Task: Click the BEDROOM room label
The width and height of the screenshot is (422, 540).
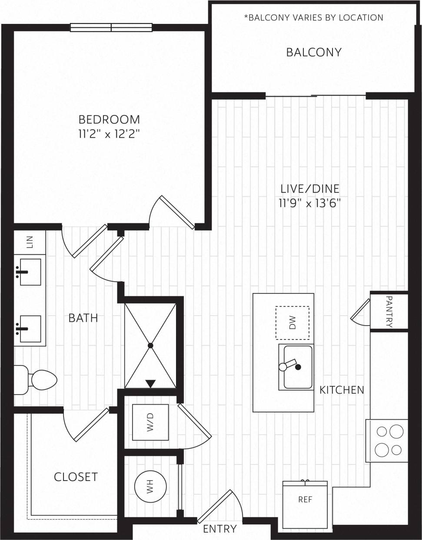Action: (x=109, y=119)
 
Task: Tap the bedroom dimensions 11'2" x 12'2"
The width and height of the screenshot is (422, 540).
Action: (x=109, y=134)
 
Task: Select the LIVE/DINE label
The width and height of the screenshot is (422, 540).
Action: (x=309, y=189)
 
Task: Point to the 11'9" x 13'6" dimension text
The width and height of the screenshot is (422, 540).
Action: (x=309, y=203)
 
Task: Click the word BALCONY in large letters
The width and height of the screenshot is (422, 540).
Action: (x=313, y=53)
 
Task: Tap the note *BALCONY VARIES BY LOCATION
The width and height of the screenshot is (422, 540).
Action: (x=313, y=18)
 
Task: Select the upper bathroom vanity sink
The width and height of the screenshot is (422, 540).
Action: (x=30, y=272)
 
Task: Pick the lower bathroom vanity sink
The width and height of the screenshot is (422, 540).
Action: (x=30, y=329)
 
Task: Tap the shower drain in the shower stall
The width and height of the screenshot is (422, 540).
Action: (x=150, y=346)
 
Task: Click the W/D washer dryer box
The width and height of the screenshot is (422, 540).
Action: (x=150, y=422)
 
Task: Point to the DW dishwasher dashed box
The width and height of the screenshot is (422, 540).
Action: (x=292, y=323)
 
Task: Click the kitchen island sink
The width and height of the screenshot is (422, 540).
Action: (x=298, y=367)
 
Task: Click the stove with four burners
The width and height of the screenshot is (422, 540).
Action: (x=387, y=441)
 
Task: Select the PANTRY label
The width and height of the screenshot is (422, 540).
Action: (x=389, y=312)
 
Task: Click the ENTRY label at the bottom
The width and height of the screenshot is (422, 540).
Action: (x=219, y=529)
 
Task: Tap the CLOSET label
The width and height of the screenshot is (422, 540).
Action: (x=76, y=477)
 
